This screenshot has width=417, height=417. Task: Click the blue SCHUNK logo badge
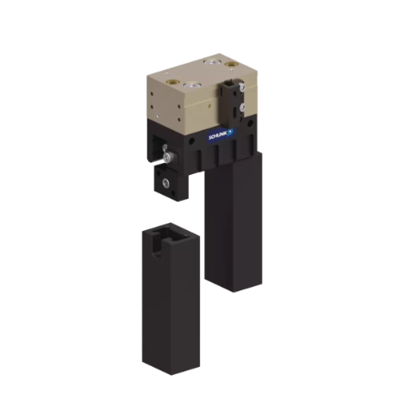221,134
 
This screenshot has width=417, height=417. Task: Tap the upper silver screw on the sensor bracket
242,86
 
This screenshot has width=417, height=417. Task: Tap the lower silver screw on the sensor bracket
244,107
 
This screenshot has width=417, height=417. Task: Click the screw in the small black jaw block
165,182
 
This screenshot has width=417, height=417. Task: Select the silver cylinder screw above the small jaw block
167,156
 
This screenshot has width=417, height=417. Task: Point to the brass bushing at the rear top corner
230,64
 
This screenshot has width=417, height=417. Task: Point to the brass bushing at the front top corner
171,82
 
